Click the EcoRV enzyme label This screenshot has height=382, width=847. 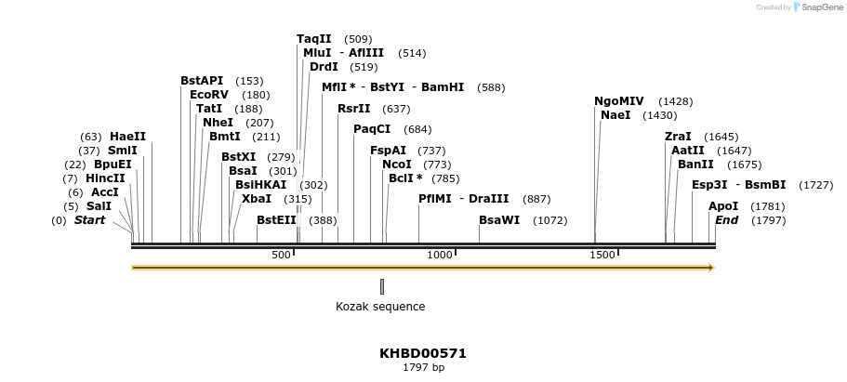(x=208, y=95)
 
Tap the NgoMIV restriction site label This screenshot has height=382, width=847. (x=618, y=101)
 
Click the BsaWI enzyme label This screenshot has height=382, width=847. (x=499, y=220)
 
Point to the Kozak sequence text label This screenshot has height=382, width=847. (x=380, y=307)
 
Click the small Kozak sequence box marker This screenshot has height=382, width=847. (x=381, y=286)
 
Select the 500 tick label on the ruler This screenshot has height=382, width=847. (x=282, y=255)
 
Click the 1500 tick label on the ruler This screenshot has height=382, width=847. (x=602, y=255)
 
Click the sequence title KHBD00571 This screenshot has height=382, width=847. (x=423, y=353)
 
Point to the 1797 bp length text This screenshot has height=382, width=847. (x=423, y=368)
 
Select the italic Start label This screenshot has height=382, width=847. (x=89, y=220)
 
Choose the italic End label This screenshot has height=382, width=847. (x=726, y=220)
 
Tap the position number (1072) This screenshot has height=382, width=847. (x=549, y=221)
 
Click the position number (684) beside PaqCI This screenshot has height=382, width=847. (x=417, y=129)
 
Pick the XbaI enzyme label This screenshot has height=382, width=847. (x=257, y=198)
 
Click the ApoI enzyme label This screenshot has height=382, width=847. (x=722, y=206)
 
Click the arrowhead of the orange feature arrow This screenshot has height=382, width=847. (x=711, y=268)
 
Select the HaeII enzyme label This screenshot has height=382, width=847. (x=127, y=137)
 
